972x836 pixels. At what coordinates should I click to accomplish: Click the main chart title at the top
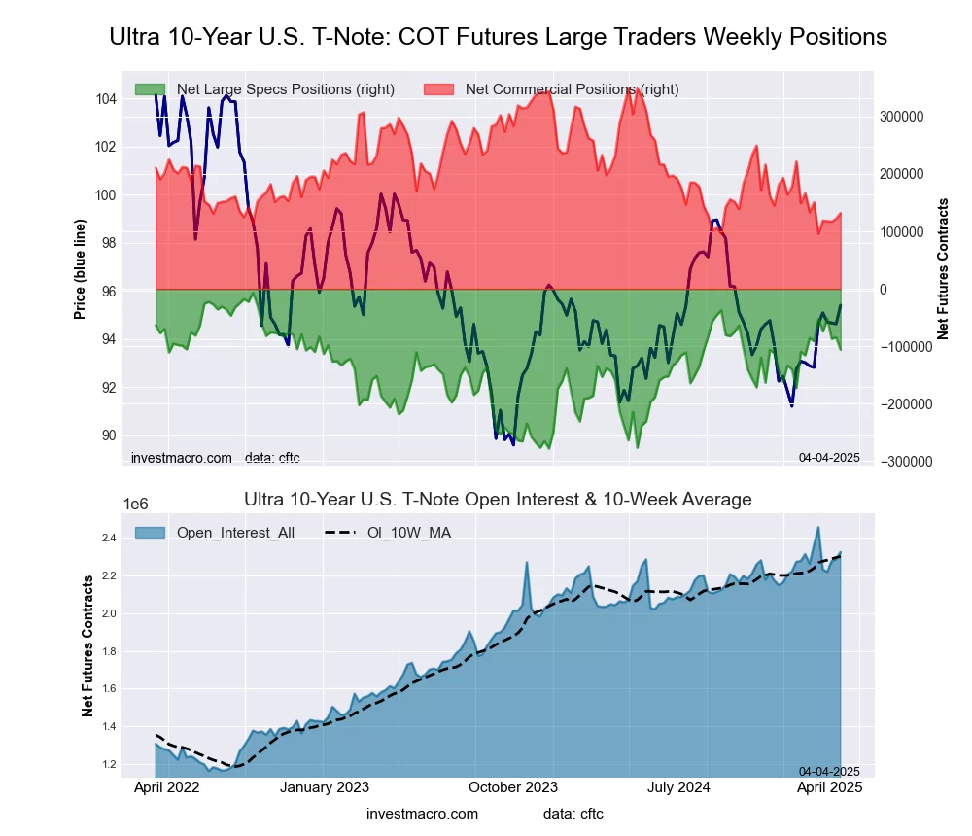pos(498,37)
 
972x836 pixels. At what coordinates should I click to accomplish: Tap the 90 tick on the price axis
pos(106,435)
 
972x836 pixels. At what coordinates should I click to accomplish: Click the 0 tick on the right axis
pos(885,290)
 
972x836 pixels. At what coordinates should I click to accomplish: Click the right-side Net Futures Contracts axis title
pos(942,268)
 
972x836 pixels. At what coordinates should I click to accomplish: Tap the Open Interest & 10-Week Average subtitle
pos(498,500)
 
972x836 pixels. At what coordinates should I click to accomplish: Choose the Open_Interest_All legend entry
pos(233,532)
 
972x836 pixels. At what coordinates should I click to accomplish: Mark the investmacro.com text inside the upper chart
pos(182,458)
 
